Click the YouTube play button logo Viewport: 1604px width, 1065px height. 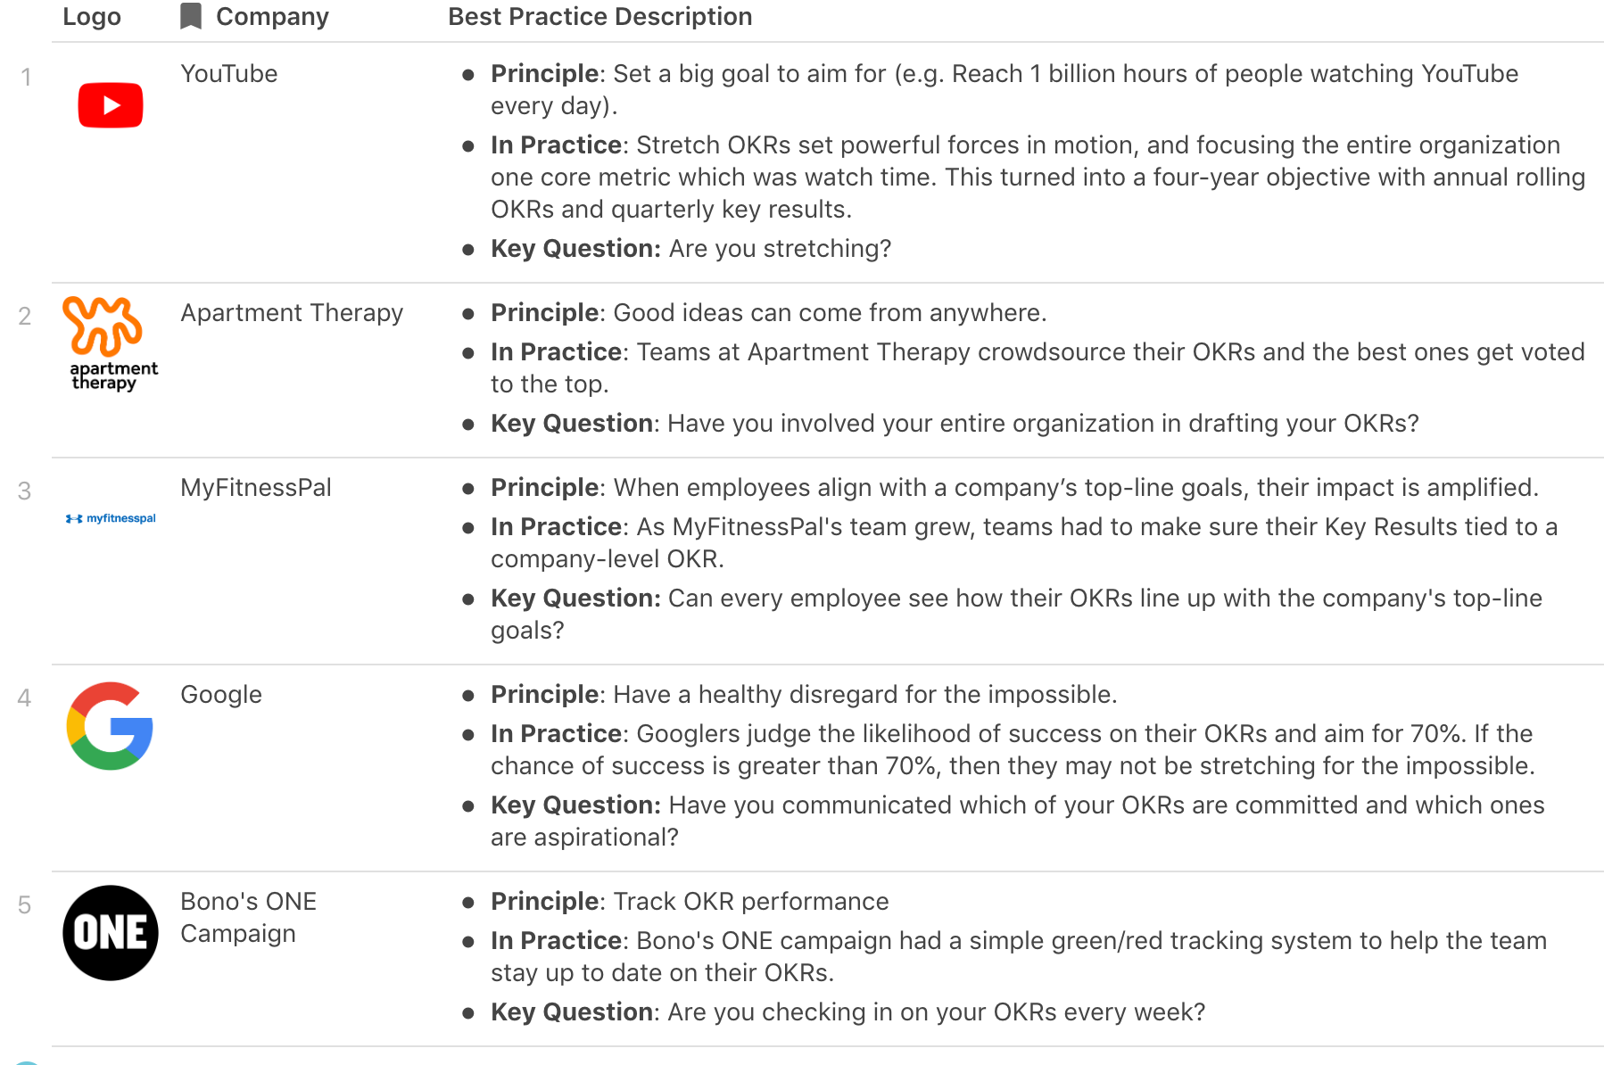pos(111,105)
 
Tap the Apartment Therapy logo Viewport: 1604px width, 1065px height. pos(109,343)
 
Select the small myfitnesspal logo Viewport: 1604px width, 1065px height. pos(111,518)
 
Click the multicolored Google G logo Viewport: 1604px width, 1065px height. pos(111,726)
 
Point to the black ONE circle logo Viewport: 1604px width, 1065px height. pos(111,933)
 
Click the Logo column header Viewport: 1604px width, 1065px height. pos(92,17)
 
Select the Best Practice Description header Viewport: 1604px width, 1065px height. pos(599,17)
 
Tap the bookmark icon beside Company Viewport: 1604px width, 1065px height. pos(191,16)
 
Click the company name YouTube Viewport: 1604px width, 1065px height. pos(228,74)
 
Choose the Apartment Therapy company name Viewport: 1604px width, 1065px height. pos(292,313)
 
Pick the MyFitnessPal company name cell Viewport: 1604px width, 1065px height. pos(255,488)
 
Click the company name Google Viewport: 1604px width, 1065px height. pos(221,695)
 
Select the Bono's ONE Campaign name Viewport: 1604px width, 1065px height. pos(248,917)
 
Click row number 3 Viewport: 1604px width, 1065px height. pos(25,491)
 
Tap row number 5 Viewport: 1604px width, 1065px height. pos(25,905)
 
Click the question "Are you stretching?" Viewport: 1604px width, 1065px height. pos(780,249)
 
